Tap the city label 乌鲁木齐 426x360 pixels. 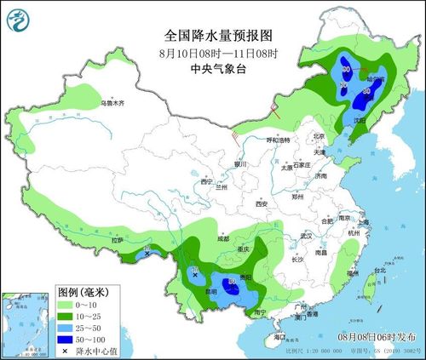coord(112,103)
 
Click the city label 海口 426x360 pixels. coord(279,338)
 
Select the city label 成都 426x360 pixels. coord(223,239)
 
